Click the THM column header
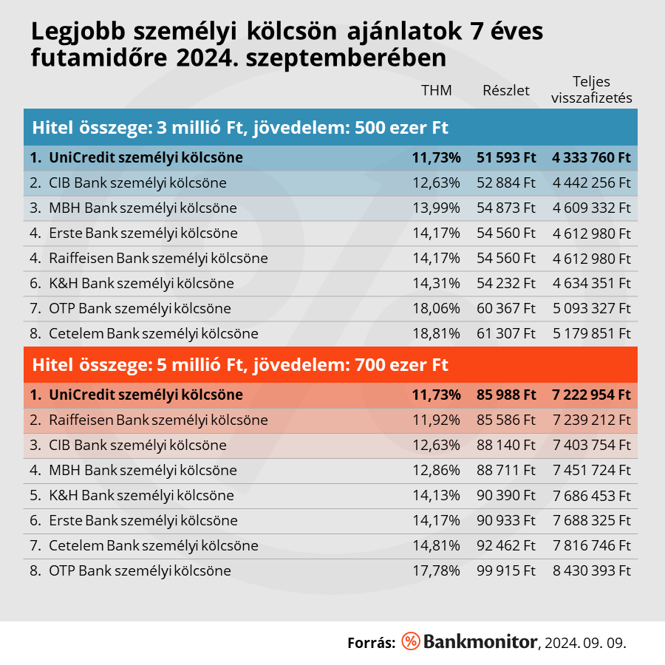click(x=436, y=91)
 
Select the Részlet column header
click(x=506, y=91)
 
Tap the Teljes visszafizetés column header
click(x=591, y=90)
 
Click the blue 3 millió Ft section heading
click(x=240, y=127)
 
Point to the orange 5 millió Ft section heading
click(x=240, y=365)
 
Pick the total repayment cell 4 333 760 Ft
click(x=591, y=157)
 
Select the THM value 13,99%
click(x=436, y=208)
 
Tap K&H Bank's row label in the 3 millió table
click(x=140, y=283)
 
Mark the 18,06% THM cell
click(x=436, y=308)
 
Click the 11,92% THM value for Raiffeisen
click(x=436, y=420)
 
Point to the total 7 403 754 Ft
click(x=591, y=445)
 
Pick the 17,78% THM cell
click(x=436, y=570)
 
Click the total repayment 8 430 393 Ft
click(x=591, y=570)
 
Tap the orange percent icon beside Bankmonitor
click(x=410, y=641)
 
